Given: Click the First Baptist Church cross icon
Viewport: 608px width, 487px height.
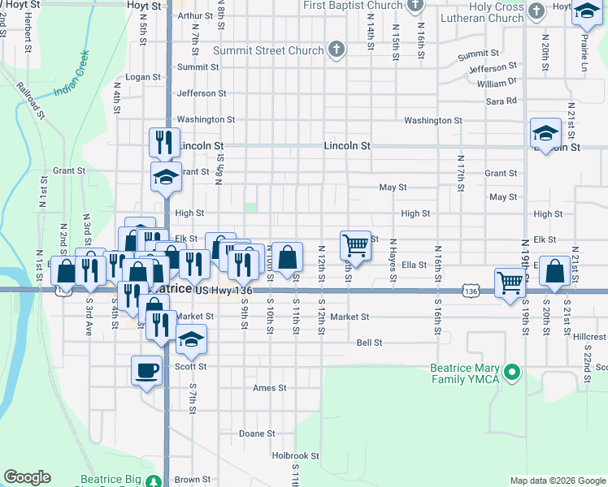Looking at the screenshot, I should pos(415,6).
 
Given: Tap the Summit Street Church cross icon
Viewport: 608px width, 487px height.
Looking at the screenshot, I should pos(337,50).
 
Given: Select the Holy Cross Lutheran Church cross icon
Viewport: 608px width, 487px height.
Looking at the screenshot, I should pos(536,11).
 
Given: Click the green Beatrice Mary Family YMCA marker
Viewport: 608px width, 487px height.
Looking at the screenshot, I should pos(511,373).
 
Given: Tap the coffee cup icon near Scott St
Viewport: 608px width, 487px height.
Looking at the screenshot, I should pos(146,370).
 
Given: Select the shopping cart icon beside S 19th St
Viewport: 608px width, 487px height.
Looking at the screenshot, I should pos(510,282).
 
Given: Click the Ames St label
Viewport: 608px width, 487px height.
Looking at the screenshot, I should pos(270,388).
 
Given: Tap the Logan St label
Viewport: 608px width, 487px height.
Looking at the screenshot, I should pos(140,76).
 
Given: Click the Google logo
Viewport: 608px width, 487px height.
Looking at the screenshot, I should pos(28,477).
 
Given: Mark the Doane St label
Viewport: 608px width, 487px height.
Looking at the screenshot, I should pos(257,433).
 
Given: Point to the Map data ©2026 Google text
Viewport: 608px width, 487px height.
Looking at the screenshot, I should pos(557,481).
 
